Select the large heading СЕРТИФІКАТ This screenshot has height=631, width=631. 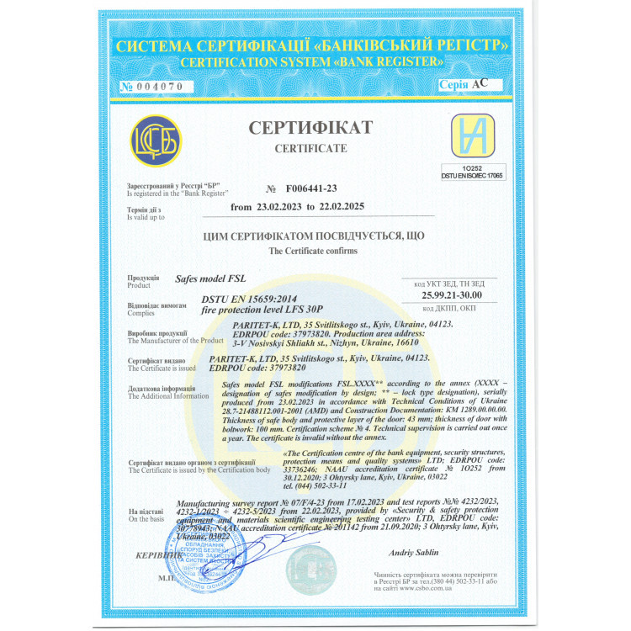point(310,128)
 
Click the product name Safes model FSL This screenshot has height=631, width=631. point(210,277)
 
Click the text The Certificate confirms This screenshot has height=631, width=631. point(312,251)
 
